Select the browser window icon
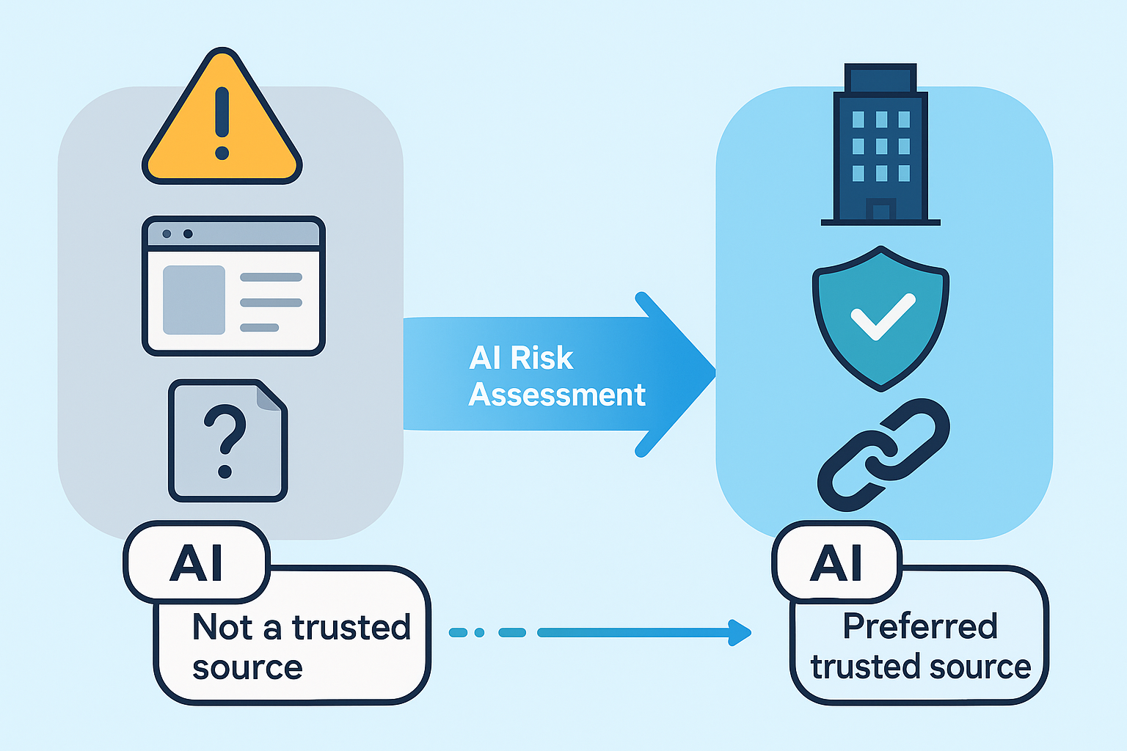pyautogui.click(x=233, y=286)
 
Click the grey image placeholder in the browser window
pyautogui.click(x=194, y=300)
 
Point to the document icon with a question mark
pyautogui.click(x=227, y=440)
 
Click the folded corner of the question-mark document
pyautogui.click(x=270, y=397)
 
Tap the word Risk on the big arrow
pyautogui.click(x=541, y=358)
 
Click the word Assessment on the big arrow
pyautogui.click(x=557, y=395)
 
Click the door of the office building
pyautogui.click(x=880, y=210)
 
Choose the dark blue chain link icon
pyautogui.click(x=883, y=455)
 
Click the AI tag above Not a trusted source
pyautogui.click(x=196, y=563)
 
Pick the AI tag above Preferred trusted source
pyautogui.click(x=836, y=563)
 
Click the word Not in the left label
pyautogui.click(x=222, y=628)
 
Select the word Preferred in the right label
pyautogui.click(x=920, y=626)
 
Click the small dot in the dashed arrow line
pyautogui.click(x=479, y=632)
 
